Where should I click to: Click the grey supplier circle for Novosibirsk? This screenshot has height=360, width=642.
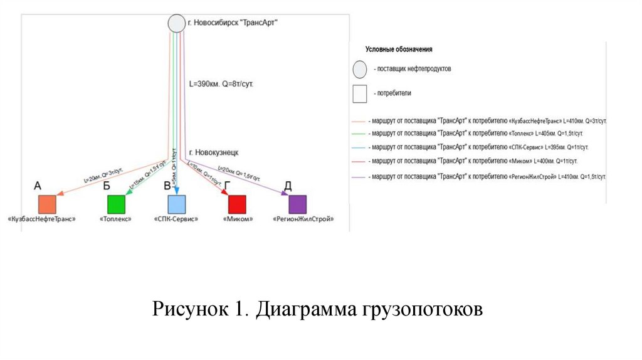click(176, 24)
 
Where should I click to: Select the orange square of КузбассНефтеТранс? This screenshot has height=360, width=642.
click(48, 204)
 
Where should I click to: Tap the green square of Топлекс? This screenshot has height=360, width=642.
click(117, 204)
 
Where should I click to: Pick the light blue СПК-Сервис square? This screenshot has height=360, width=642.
click(176, 204)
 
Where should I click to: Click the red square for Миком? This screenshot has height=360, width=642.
click(237, 204)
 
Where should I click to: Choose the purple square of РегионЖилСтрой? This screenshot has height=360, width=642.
click(297, 204)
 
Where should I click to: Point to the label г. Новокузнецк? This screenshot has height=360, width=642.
click(213, 152)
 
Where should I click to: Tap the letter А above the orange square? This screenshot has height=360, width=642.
click(37, 186)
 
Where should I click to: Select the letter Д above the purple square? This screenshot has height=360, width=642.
click(288, 186)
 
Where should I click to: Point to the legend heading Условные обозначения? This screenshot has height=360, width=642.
click(399, 49)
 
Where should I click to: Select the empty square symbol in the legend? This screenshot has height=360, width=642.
click(359, 93)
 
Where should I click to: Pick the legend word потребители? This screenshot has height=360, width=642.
click(394, 93)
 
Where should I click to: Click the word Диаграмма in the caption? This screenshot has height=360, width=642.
click(307, 310)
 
